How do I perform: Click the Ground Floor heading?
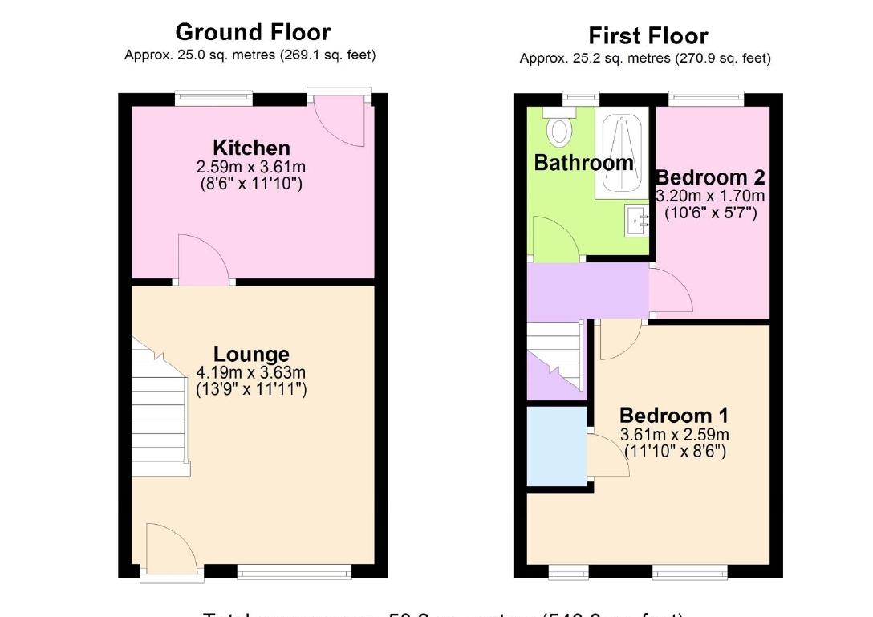[252, 32]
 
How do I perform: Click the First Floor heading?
[648, 36]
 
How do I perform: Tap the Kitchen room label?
[251, 148]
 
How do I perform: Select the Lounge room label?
[251, 354]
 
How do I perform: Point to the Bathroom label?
[583, 163]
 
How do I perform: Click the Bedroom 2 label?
[710, 177]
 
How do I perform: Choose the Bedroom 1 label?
[674, 416]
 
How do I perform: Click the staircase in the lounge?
[160, 409]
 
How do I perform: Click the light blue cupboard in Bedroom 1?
[556, 446]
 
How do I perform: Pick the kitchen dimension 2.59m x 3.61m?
[251, 167]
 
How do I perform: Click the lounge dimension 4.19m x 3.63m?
[251, 373]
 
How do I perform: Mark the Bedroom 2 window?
[706, 99]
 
